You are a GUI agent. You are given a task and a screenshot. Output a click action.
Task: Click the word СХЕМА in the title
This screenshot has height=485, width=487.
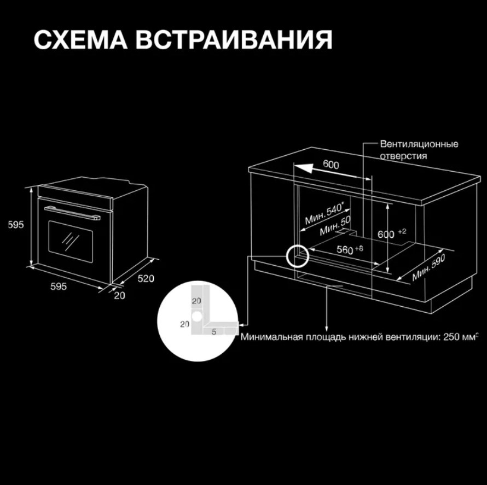point(80,40)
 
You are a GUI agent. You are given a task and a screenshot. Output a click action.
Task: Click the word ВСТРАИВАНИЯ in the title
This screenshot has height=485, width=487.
point(234,40)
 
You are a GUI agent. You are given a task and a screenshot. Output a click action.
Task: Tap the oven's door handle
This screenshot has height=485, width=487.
point(72,213)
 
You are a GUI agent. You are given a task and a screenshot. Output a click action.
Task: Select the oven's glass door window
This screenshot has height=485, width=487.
point(71,242)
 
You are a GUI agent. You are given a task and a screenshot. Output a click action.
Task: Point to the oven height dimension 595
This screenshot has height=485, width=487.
point(16,224)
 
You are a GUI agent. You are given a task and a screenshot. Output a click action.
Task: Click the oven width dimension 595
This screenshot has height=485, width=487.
point(59,286)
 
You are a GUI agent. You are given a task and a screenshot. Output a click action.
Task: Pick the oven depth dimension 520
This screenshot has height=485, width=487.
point(146,278)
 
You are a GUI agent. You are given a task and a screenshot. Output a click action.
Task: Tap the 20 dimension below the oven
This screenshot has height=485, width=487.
point(119,295)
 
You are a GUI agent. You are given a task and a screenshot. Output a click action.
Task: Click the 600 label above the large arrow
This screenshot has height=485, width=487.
point(331,164)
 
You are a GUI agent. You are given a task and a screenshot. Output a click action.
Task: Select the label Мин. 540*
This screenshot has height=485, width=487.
point(324,214)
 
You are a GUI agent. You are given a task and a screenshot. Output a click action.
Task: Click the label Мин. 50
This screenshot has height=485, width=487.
point(335,226)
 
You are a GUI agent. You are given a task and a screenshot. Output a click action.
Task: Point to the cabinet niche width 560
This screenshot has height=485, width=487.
point(350,249)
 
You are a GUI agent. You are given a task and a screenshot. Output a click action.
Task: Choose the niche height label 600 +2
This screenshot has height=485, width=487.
point(392,233)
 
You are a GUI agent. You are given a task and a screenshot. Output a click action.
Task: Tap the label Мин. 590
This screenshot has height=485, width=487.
point(428,267)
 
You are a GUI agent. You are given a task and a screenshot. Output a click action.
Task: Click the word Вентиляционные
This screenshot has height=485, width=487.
point(419,144)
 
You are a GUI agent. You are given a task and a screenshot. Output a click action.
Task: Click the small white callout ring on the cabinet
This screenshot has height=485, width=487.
point(297,256)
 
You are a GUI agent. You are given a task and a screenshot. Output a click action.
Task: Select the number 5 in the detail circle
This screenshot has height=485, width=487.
point(214,332)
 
